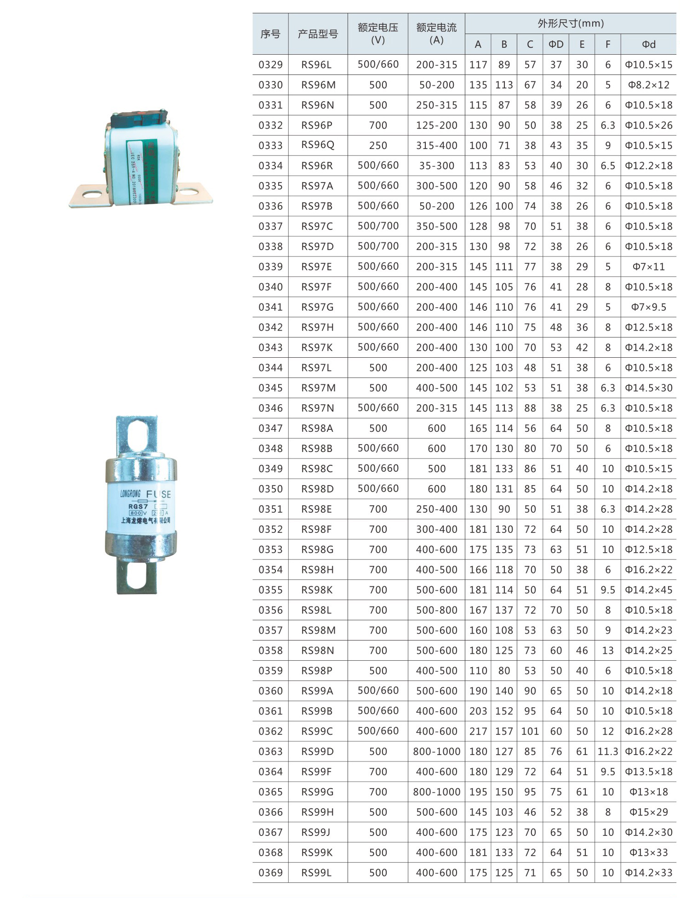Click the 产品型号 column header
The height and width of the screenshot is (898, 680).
318,34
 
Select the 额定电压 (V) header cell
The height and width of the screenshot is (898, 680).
378,34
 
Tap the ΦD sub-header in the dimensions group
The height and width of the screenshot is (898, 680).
556,44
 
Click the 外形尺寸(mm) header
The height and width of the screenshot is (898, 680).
571,23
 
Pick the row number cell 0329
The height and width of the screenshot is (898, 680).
270,64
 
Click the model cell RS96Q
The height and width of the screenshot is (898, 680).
318,145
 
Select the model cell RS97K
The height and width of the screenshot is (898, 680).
317,347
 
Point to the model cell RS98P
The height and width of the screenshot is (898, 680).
317,670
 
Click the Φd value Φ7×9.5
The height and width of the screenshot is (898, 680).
648,307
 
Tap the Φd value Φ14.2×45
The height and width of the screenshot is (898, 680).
648,589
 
